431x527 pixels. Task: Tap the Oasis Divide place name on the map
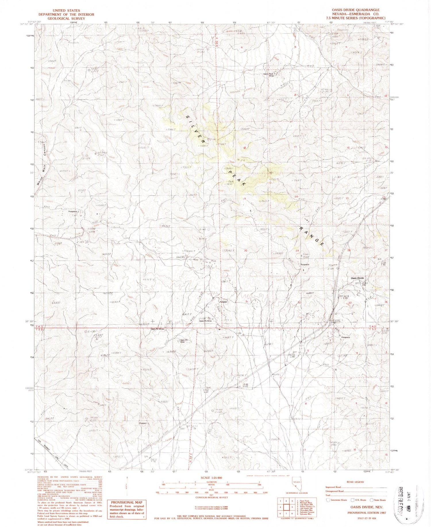pos(357,278)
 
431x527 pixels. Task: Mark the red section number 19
pos(245,199)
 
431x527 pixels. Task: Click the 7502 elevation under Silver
pos(306,257)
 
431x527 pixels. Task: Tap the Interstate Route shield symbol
pos(328,500)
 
